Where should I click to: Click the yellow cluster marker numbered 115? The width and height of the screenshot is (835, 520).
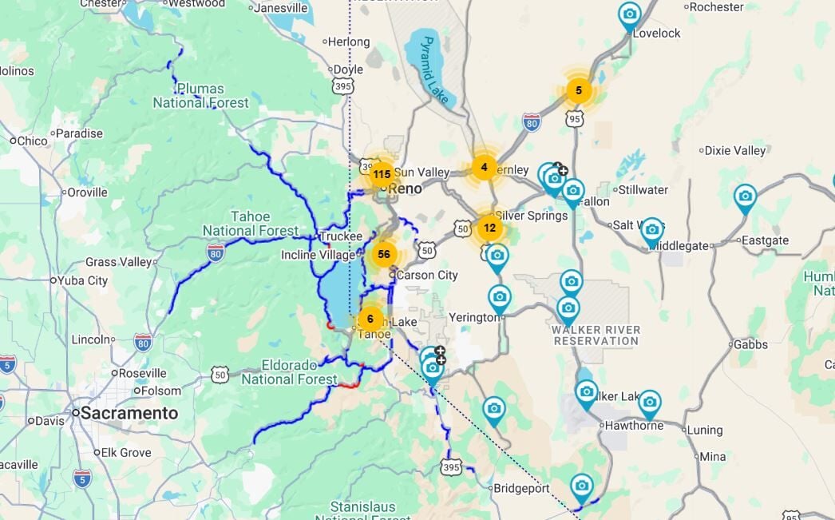tap(382, 174)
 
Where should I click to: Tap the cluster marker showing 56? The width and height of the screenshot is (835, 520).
tap(384, 254)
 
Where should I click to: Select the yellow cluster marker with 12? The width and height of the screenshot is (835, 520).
tap(489, 228)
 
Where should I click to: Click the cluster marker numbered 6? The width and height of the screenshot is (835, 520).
tap(370, 318)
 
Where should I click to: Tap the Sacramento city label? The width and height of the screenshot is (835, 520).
tap(126, 413)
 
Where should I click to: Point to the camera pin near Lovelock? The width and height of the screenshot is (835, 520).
tap(629, 14)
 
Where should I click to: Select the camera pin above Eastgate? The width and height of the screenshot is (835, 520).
tap(744, 196)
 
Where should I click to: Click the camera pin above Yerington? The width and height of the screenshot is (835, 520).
tap(500, 297)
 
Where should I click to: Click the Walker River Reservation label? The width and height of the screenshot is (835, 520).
tap(596, 335)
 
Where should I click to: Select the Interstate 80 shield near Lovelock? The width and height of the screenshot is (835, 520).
tap(532, 121)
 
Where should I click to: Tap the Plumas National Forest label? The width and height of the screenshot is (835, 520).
tap(200, 96)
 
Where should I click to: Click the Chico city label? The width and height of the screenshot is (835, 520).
tap(32, 141)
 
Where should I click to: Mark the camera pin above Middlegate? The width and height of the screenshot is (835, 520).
tap(651, 230)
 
